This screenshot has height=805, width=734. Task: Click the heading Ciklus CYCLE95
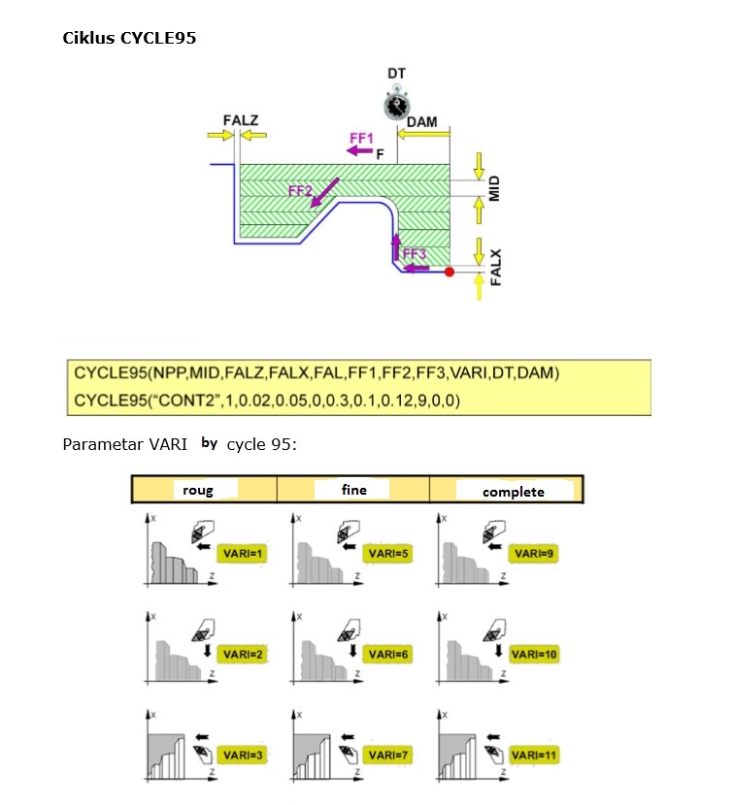pos(131,39)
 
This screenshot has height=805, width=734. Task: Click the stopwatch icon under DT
pos(396,104)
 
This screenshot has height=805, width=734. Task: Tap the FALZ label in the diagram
pos(240,121)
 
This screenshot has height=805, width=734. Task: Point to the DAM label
pos(422,122)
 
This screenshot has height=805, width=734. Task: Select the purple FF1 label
pos(361,140)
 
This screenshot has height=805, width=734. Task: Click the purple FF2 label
pos(301,192)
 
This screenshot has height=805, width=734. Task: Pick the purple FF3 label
pos(415,254)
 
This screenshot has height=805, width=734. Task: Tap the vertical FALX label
pos(495,265)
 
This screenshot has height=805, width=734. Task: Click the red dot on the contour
pos(449,273)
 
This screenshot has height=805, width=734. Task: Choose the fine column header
pos(354,490)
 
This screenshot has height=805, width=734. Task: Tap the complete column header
pos(514,492)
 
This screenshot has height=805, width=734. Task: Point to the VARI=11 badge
pos(535,755)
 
